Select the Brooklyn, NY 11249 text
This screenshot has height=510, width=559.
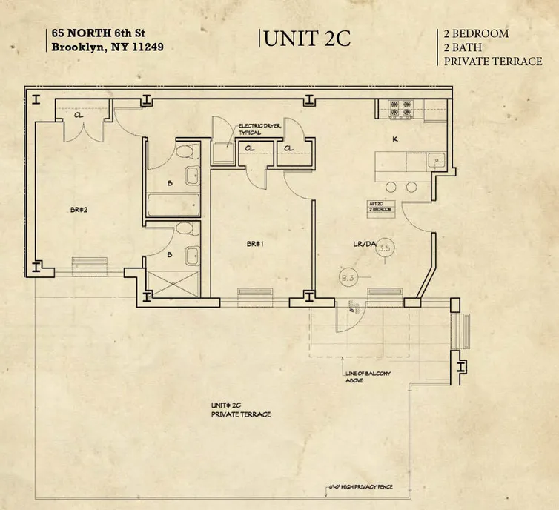(x=107, y=47)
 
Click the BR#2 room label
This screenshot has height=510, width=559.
(x=79, y=210)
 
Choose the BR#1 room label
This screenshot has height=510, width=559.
(x=257, y=243)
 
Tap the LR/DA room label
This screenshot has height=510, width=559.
(x=365, y=242)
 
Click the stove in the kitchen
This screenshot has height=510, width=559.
(x=401, y=109)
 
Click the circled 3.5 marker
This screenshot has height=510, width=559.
(x=384, y=249)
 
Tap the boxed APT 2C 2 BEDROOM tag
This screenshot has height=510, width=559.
(x=380, y=207)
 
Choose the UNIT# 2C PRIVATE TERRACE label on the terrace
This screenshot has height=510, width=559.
(x=240, y=410)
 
